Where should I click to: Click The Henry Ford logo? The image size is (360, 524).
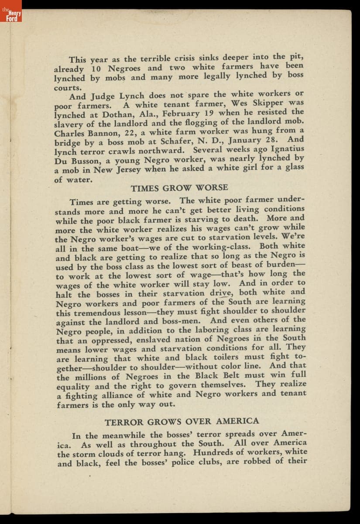(11, 16)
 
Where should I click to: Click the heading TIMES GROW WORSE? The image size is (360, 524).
(179, 188)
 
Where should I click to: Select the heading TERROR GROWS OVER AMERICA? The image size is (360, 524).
(182, 421)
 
